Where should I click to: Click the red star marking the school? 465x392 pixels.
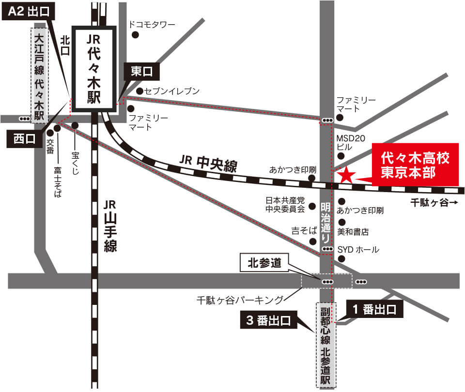click(346, 175)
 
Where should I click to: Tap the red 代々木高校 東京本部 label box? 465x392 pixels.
click(415, 165)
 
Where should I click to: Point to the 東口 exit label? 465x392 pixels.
click(141, 72)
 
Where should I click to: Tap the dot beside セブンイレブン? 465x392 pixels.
click(139, 91)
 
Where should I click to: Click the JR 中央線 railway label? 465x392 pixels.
click(209, 163)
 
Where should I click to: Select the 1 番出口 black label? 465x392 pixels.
click(375, 310)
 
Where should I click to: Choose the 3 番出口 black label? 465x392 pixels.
click(268, 320)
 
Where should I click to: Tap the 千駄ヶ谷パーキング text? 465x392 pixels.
click(240, 300)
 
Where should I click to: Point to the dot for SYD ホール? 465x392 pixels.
click(341, 259)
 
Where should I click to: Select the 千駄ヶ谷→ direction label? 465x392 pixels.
click(434, 203)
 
